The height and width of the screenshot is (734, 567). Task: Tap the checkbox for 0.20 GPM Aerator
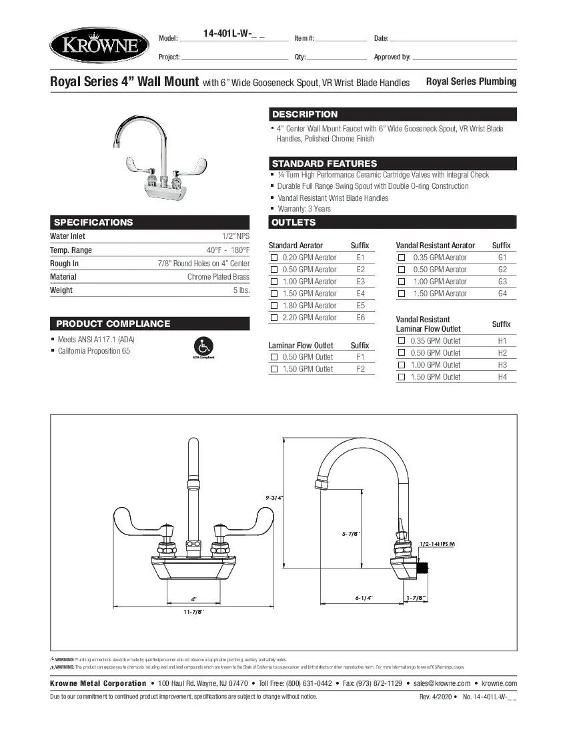tap(273, 258)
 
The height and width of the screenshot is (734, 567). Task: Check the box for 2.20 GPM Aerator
tap(273, 318)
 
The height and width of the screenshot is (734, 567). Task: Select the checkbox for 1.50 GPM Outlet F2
tap(273, 369)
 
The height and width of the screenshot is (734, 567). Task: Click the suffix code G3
tap(502, 282)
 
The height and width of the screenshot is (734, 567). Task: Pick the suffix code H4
tap(502, 377)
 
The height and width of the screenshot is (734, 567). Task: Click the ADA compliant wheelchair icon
tap(203, 346)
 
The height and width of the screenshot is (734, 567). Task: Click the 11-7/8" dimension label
tap(193, 611)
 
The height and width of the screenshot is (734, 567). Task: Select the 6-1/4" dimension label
tap(364, 598)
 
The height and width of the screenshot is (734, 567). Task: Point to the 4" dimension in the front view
tap(193, 599)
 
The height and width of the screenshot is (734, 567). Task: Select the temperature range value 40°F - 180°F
tap(227, 250)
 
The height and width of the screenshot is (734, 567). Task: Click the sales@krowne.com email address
tap(442, 683)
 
